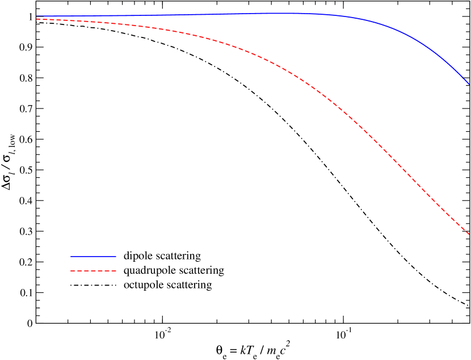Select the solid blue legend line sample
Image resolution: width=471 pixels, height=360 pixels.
[x=93, y=257]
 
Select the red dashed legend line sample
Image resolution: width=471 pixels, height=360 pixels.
[x=93, y=271]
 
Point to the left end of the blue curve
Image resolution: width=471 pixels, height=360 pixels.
[x=37, y=16]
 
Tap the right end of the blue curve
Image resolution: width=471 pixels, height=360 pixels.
[x=469, y=84]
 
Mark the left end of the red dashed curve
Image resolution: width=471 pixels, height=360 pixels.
[x=37, y=19]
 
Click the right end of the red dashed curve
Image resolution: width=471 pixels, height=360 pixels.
[x=469, y=233]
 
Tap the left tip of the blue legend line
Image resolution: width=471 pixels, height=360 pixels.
[x=71, y=257]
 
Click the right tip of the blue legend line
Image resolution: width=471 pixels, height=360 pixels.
[x=116, y=257]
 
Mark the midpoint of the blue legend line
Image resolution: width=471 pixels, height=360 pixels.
[x=93, y=257]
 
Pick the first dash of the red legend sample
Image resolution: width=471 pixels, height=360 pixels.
[x=73, y=271]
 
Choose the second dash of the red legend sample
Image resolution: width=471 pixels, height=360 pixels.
[x=79, y=271]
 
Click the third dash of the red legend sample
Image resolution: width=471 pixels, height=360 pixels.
[x=86, y=271]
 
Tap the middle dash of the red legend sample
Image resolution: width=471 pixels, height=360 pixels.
[x=93, y=271]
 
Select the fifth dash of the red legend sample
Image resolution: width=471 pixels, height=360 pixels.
[x=100, y=271]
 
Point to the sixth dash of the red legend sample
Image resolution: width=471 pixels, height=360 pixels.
[x=107, y=271]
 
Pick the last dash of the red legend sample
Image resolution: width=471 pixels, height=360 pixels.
[x=113, y=271]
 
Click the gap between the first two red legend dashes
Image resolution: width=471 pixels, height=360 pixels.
[x=76, y=271]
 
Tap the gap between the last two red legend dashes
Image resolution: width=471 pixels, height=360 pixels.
[x=110, y=271]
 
